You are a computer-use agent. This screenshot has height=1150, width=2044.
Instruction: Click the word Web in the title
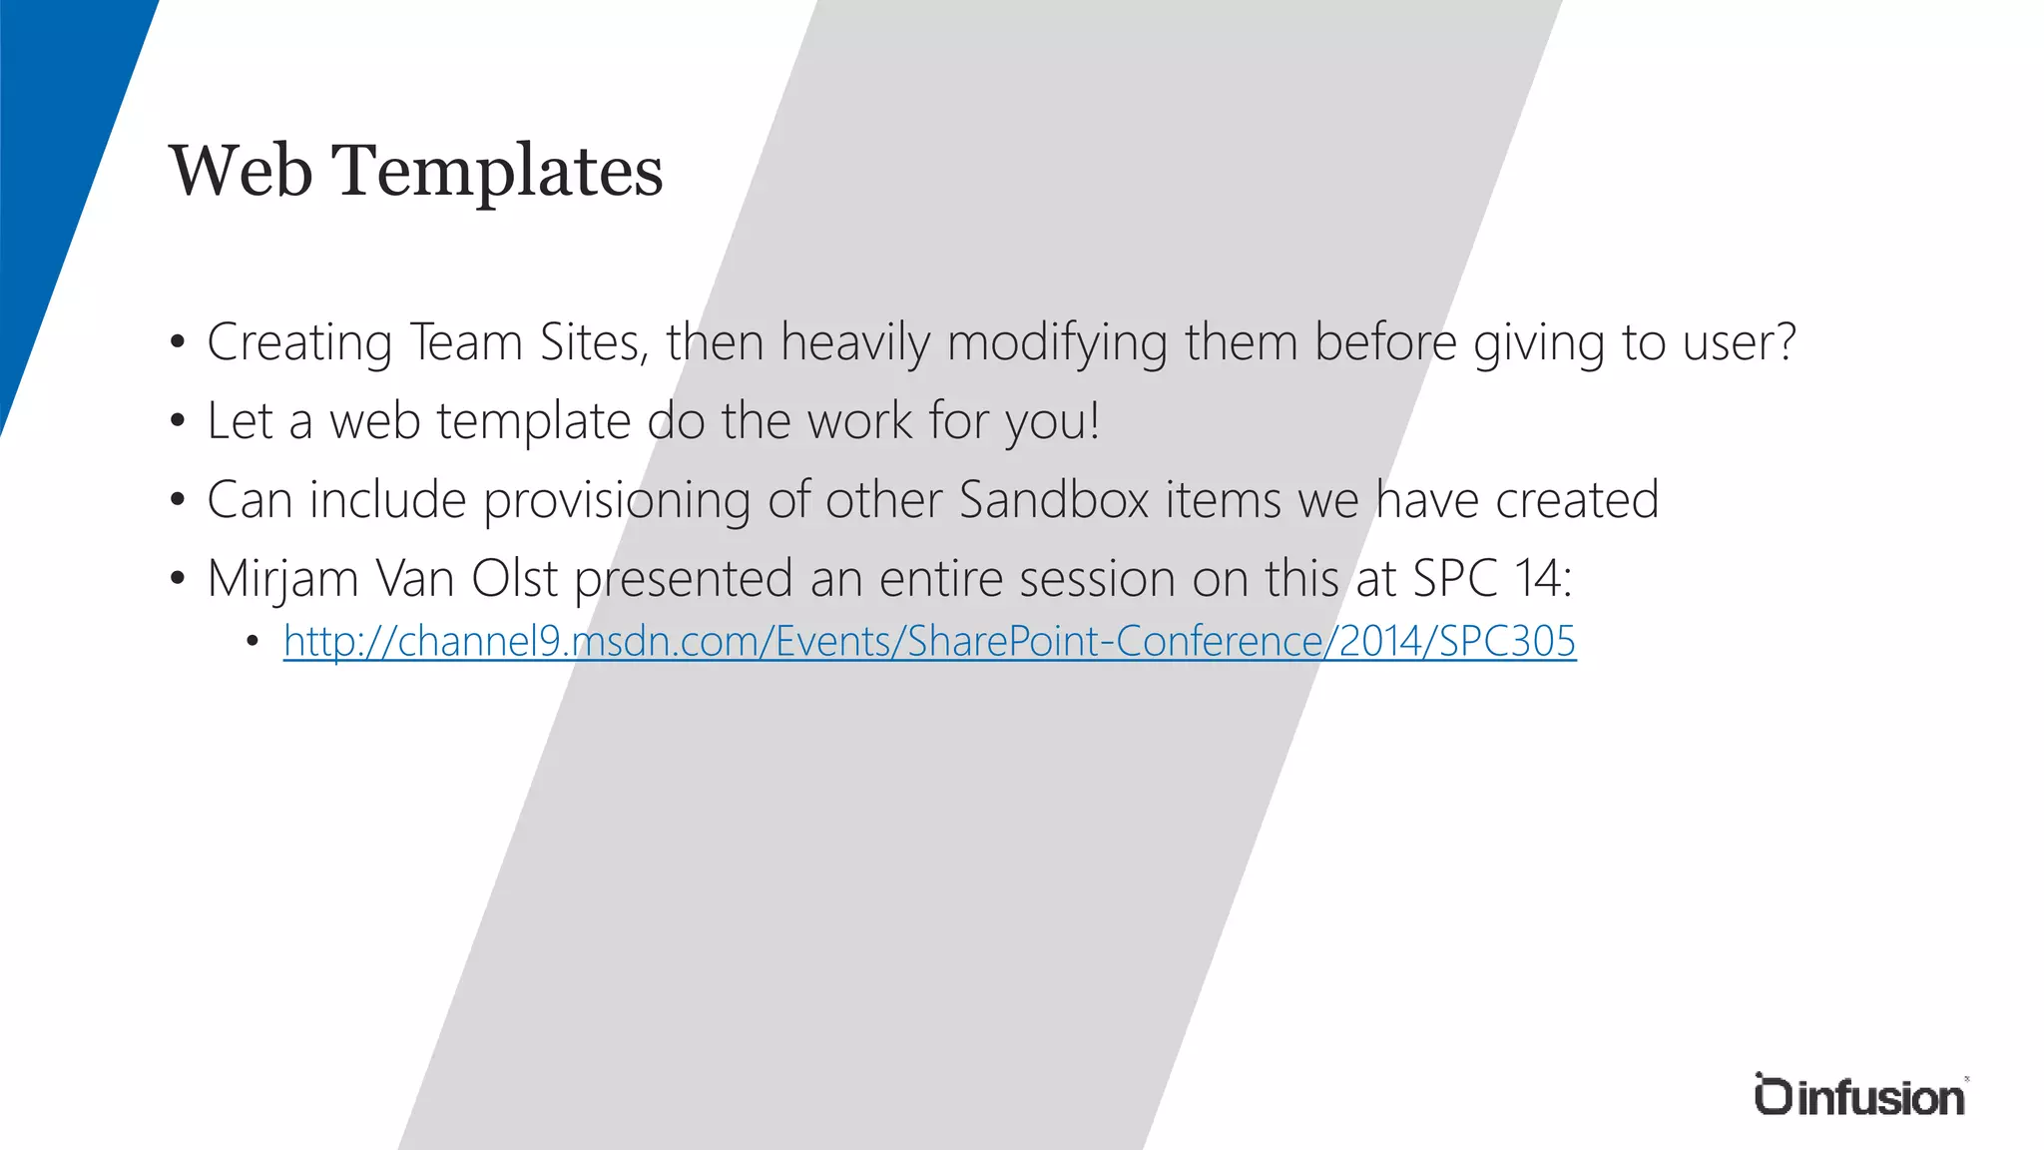[x=241, y=171]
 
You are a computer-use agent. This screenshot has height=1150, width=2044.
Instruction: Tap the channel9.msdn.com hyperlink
[x=929, y=641]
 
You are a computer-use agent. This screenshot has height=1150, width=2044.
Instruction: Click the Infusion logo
[x=1859, y=1095]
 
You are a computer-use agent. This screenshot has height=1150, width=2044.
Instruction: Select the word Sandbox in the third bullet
[x=1054, y=499]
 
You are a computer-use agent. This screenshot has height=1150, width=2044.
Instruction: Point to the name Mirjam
[x=282, y=579]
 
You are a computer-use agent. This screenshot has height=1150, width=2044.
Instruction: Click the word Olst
[x=514, y=578]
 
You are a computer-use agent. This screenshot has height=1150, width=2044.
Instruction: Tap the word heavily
[x=854, y=342]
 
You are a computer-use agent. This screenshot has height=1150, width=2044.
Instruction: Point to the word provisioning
[x=617, y=500]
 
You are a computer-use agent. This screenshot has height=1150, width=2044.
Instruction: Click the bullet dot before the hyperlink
[x=253, y=641]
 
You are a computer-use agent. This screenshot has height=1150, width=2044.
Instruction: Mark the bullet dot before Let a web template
[x=178, y=421]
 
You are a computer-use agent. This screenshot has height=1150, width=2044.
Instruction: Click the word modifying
[x=1057, y=342]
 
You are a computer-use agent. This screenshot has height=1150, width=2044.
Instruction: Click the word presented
[x=684, y=578]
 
